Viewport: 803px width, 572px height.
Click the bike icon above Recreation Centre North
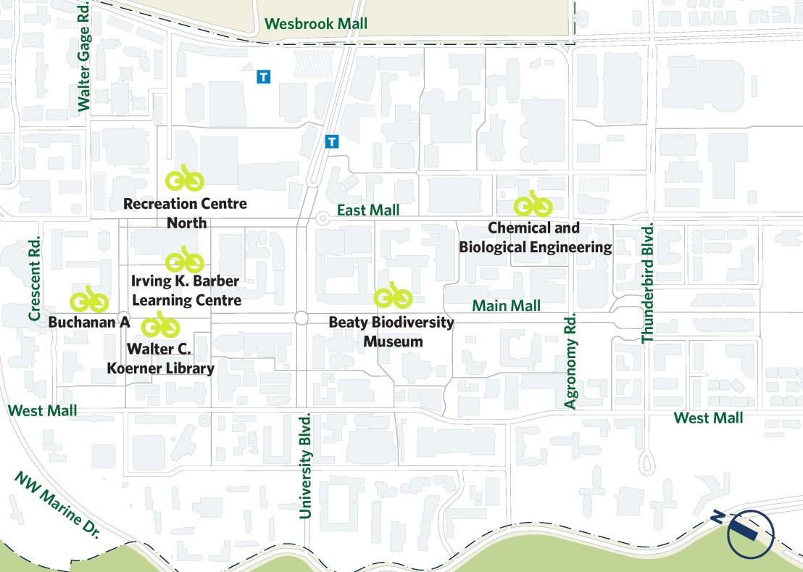(x=185, y=178)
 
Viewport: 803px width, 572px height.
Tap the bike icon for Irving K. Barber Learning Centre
(x=185, y=260)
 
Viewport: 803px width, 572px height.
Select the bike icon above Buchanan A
(x=89, y=299)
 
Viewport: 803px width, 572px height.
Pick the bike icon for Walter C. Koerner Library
(x=160, y=326)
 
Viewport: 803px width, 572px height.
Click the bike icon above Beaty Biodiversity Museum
(x=393, y=296)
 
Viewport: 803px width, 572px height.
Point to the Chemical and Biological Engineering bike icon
(x=533, y=204)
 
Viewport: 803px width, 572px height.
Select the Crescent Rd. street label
(x=34, y=277)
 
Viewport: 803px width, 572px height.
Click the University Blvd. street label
(x=305, y=465)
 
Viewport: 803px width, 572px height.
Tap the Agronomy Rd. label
(x=570, y=361)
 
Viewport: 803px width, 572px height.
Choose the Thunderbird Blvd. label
(x=648, y=283)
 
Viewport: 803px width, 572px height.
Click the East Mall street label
(x=368, y=210)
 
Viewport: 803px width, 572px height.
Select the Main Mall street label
(x=506, y=306)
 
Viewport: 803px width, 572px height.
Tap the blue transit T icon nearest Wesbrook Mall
(x=264, y=76)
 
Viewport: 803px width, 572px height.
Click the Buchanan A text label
(x=89, y=322)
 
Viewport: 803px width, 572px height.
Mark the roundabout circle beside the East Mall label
(x=322, y=217)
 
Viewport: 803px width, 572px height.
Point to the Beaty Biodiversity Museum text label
(x=391, y=331)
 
